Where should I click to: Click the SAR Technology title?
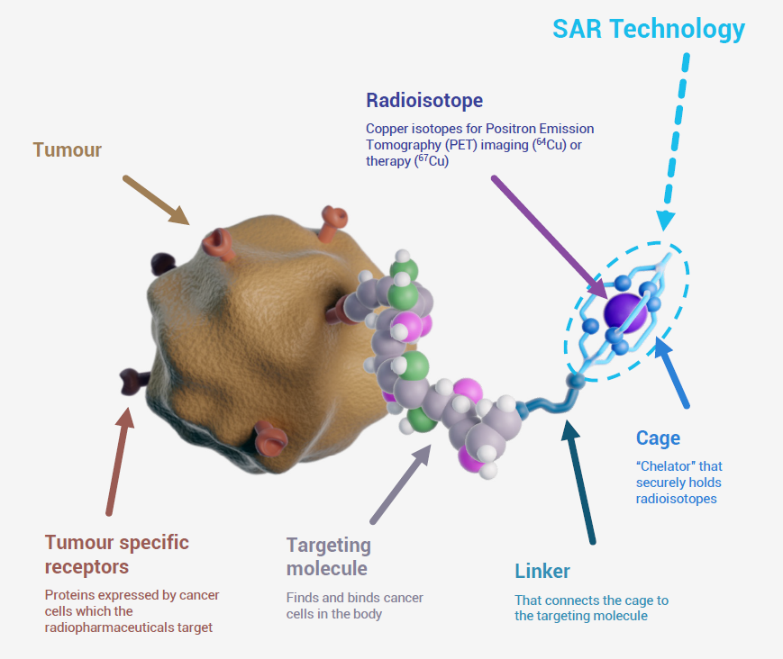click(x=649, y=29)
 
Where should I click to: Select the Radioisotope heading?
click(x=423, y=100)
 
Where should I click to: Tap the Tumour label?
click(x=67, y=149)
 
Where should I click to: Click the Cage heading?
click(x=658, y=438)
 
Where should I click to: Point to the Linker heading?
click(x=542, y=572)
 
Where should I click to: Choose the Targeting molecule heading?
click(x=328, y=556)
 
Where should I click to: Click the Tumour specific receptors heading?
click(x=116, y=554)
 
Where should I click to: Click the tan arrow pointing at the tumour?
click(x=155, y=200)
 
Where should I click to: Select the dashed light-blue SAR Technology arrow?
click(x=676, y=135)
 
